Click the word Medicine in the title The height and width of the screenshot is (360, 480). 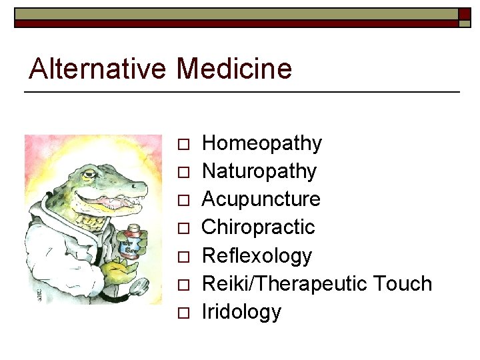click(x=234, y=68)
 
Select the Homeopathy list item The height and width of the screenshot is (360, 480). click(x=261, y=143)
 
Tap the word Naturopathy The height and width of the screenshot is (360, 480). click(x=259, y=171)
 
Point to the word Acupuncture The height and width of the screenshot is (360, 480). click(x=261, y=199)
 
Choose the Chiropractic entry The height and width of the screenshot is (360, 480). click(x=258, y=227)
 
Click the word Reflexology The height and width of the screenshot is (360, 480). click(x=257, y=256)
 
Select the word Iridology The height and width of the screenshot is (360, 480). click(x=241, y=312)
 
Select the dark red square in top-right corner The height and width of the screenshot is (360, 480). click(x=465, y=14)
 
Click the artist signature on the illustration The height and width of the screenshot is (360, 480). click(x=39, y=294)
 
